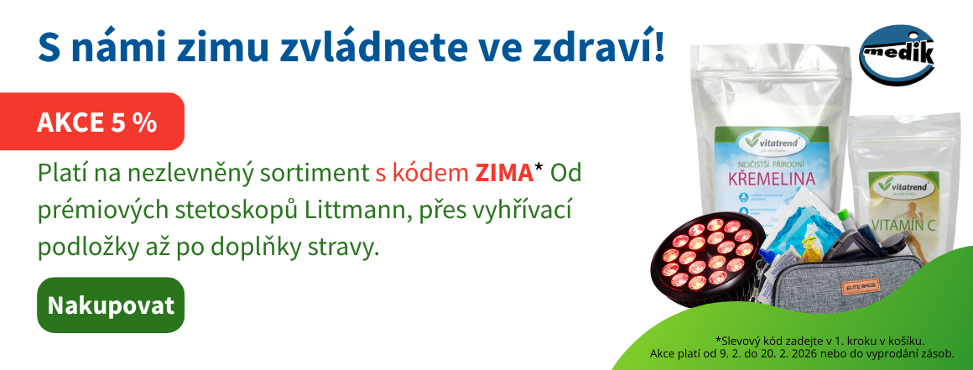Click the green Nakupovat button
tap(111, 305)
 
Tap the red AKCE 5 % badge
tap(97, 122)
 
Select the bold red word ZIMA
tap(503, 173)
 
